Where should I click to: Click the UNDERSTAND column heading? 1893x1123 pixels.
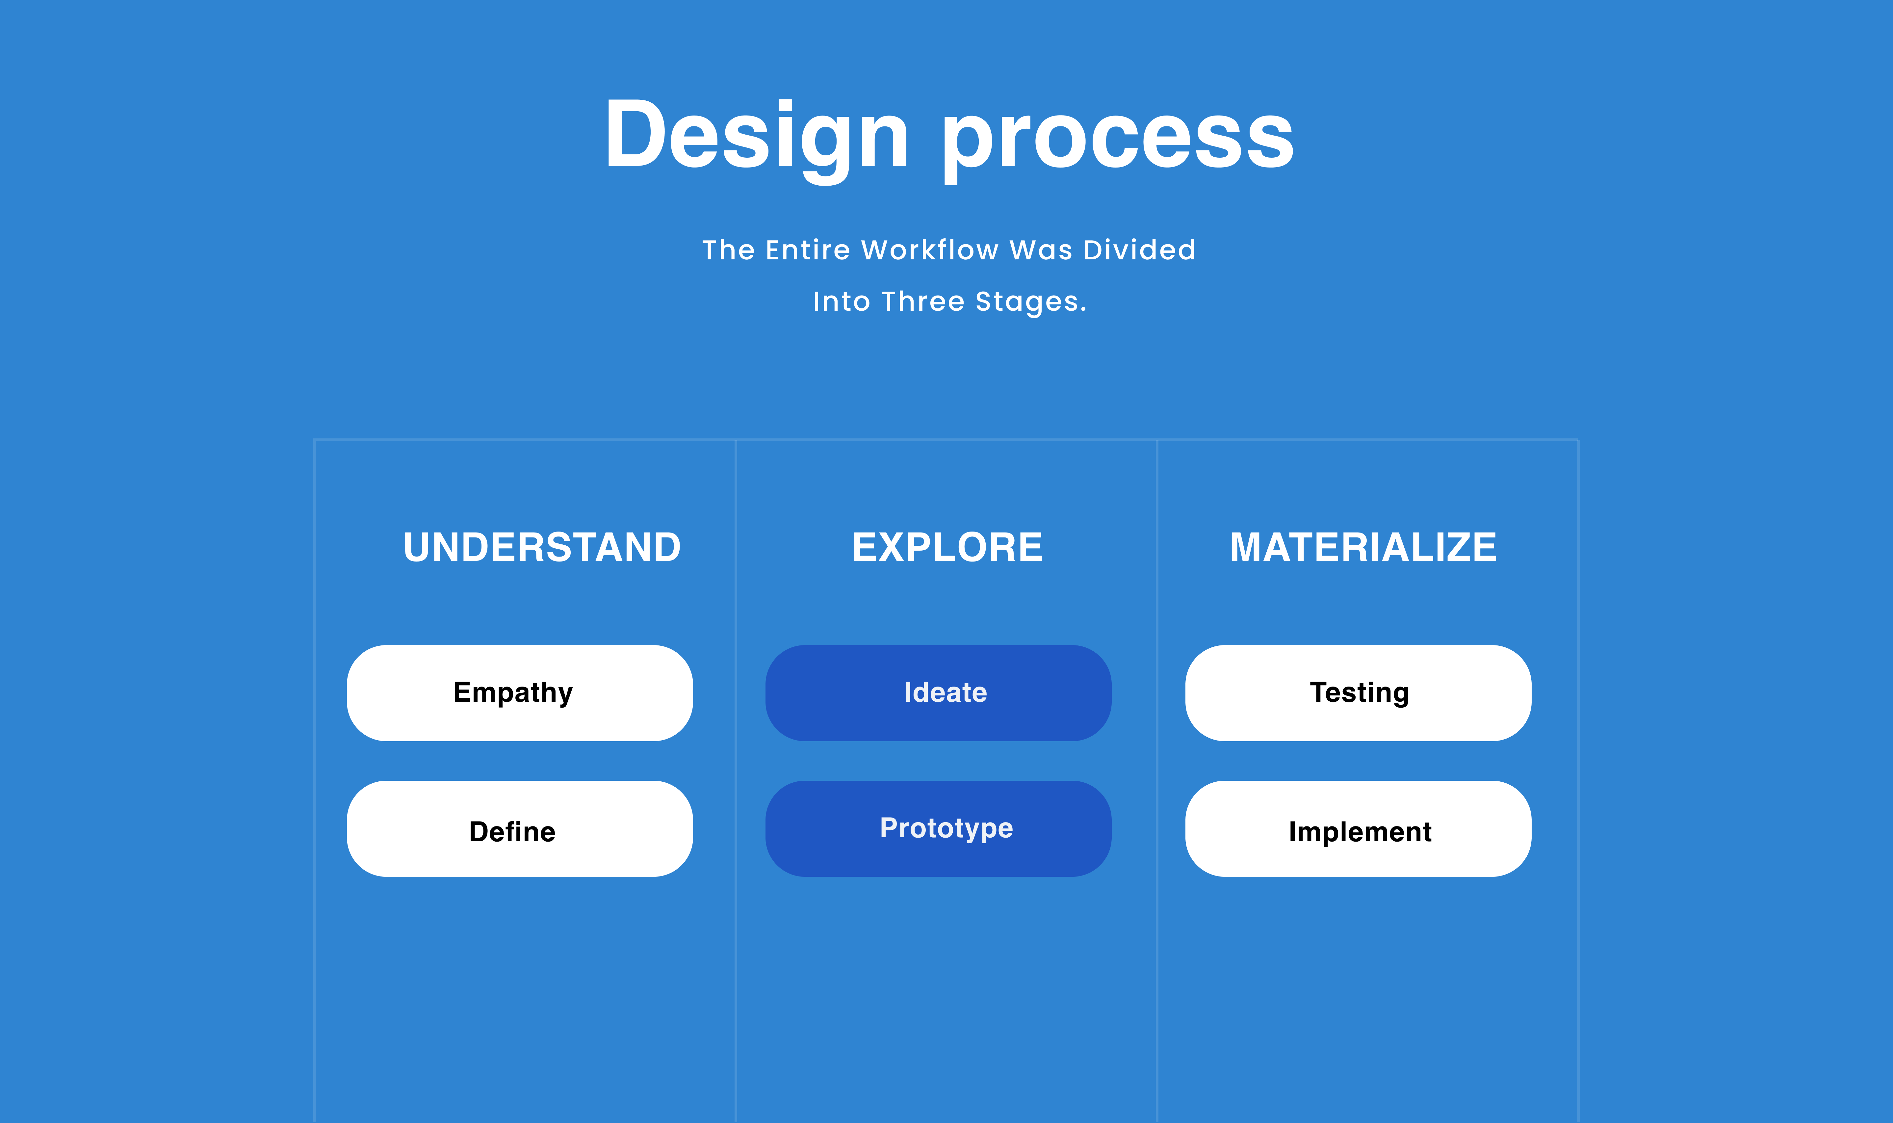pos(542,547)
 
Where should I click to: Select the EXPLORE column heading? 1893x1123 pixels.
pos(947,547)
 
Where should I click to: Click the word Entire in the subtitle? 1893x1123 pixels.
pos(808,250)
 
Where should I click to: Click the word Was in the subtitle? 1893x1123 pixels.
pos(1041,250)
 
